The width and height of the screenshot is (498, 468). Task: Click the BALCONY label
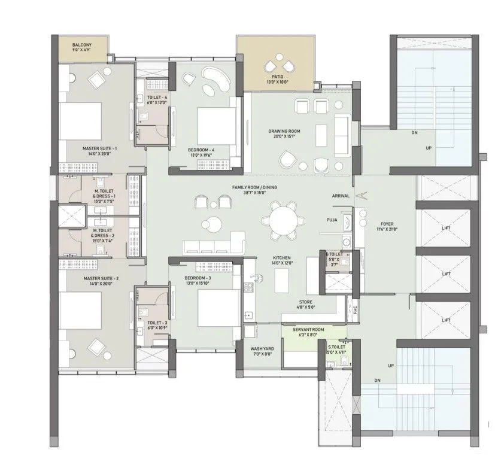click(x=81, y=45)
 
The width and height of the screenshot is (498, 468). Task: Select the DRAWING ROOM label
click(x=284, y=131)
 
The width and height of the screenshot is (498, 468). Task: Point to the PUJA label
click(x=332, y=220)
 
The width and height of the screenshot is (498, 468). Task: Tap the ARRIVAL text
click(x=341, y=196)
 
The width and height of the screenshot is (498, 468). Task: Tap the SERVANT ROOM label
click(x=308, y=330)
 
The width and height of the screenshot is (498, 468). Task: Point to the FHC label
click(x=354, y=309)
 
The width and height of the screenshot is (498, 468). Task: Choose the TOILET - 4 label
click(x=157, y=97)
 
